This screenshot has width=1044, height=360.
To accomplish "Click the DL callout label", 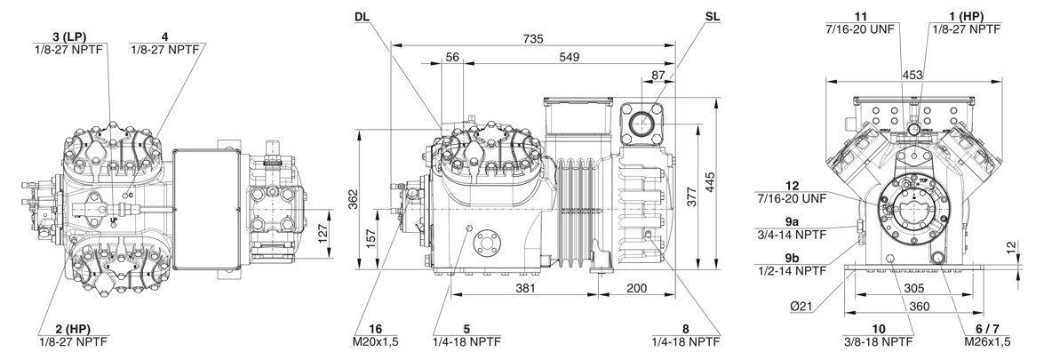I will click(363, 18).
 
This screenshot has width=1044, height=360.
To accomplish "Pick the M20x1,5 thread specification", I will click(377, 340).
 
